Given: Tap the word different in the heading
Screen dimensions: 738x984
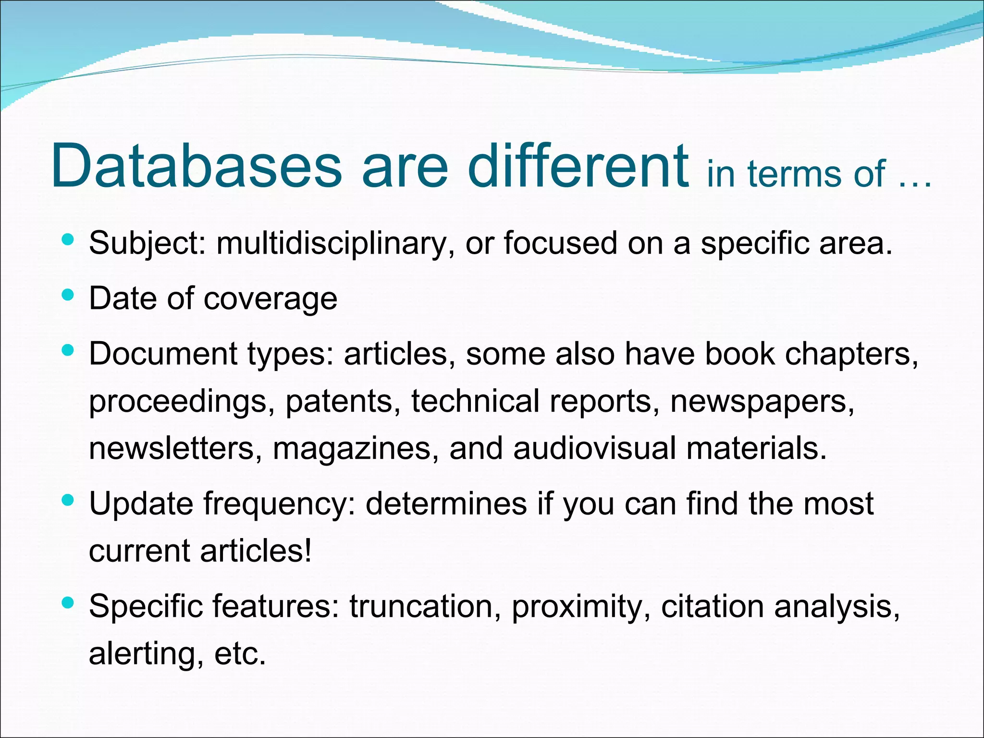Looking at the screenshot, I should click(578, 166).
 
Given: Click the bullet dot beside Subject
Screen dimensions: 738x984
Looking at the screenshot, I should click(68, 239).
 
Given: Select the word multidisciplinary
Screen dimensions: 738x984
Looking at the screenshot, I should click(332, 243).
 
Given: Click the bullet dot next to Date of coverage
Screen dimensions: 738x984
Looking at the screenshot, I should click(68, 294).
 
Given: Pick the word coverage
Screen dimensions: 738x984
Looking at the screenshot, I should click(271, 299).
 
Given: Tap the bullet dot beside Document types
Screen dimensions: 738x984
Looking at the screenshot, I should click(68, 350).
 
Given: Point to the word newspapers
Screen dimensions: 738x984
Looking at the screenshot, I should click(763, 401).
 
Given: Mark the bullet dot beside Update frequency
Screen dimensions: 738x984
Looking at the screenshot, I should click(68, 500).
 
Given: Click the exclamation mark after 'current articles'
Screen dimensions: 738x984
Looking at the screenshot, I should click(307, 550).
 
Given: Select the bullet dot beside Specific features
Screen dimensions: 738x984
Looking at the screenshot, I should click(68, 602).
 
